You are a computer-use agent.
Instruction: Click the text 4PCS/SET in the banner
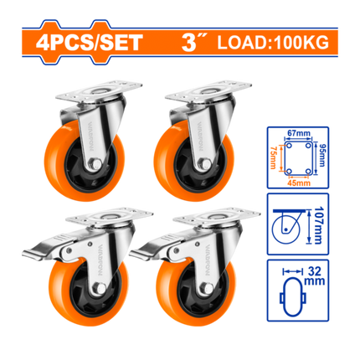(89, 43)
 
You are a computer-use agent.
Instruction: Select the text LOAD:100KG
(273, 43)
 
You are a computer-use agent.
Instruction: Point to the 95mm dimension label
(321, 156)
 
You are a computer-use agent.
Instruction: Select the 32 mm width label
(315, 275)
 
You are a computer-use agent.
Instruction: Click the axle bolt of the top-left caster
(95, 163)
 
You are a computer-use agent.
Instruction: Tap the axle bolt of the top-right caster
(204, 163)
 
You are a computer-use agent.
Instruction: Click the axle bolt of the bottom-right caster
(207, 288)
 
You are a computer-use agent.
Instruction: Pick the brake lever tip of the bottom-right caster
(136, 254)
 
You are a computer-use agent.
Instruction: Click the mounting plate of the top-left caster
(99, 91)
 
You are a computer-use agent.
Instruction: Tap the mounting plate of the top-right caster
(208, 91)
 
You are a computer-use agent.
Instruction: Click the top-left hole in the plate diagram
(289, 146)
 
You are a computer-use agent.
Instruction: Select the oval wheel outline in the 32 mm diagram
(292, 296)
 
